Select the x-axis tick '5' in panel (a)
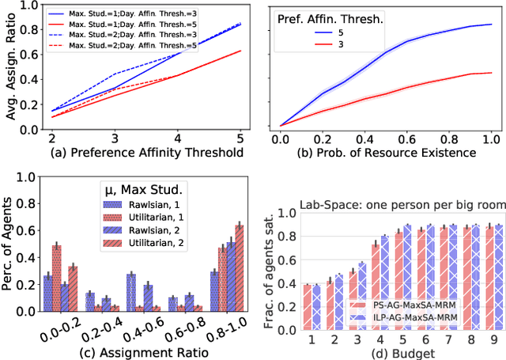click(240, 136)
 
